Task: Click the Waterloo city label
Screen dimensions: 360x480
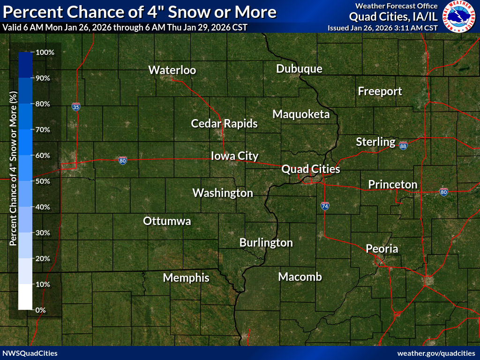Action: (172, 70)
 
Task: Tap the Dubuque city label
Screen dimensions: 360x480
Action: (299, 69)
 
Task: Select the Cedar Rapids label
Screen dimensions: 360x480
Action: (224, 124)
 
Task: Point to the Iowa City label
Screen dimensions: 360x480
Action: (234, 156)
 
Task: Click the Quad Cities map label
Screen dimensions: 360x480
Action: (310, 169)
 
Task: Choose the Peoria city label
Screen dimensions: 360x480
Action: (382, 248)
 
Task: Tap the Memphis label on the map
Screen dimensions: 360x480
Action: (186, 277)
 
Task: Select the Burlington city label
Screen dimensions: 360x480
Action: (266, 243)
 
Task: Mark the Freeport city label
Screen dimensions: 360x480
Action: (380, 91)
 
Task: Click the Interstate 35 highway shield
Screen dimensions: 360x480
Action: (76, 107)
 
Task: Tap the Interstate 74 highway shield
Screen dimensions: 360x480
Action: (325, 205)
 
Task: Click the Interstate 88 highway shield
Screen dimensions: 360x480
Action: (403, 146)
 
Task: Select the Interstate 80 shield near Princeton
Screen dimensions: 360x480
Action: (443, 192)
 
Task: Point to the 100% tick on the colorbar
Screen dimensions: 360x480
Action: (45, 52)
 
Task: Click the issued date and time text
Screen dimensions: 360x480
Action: (382, 28)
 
